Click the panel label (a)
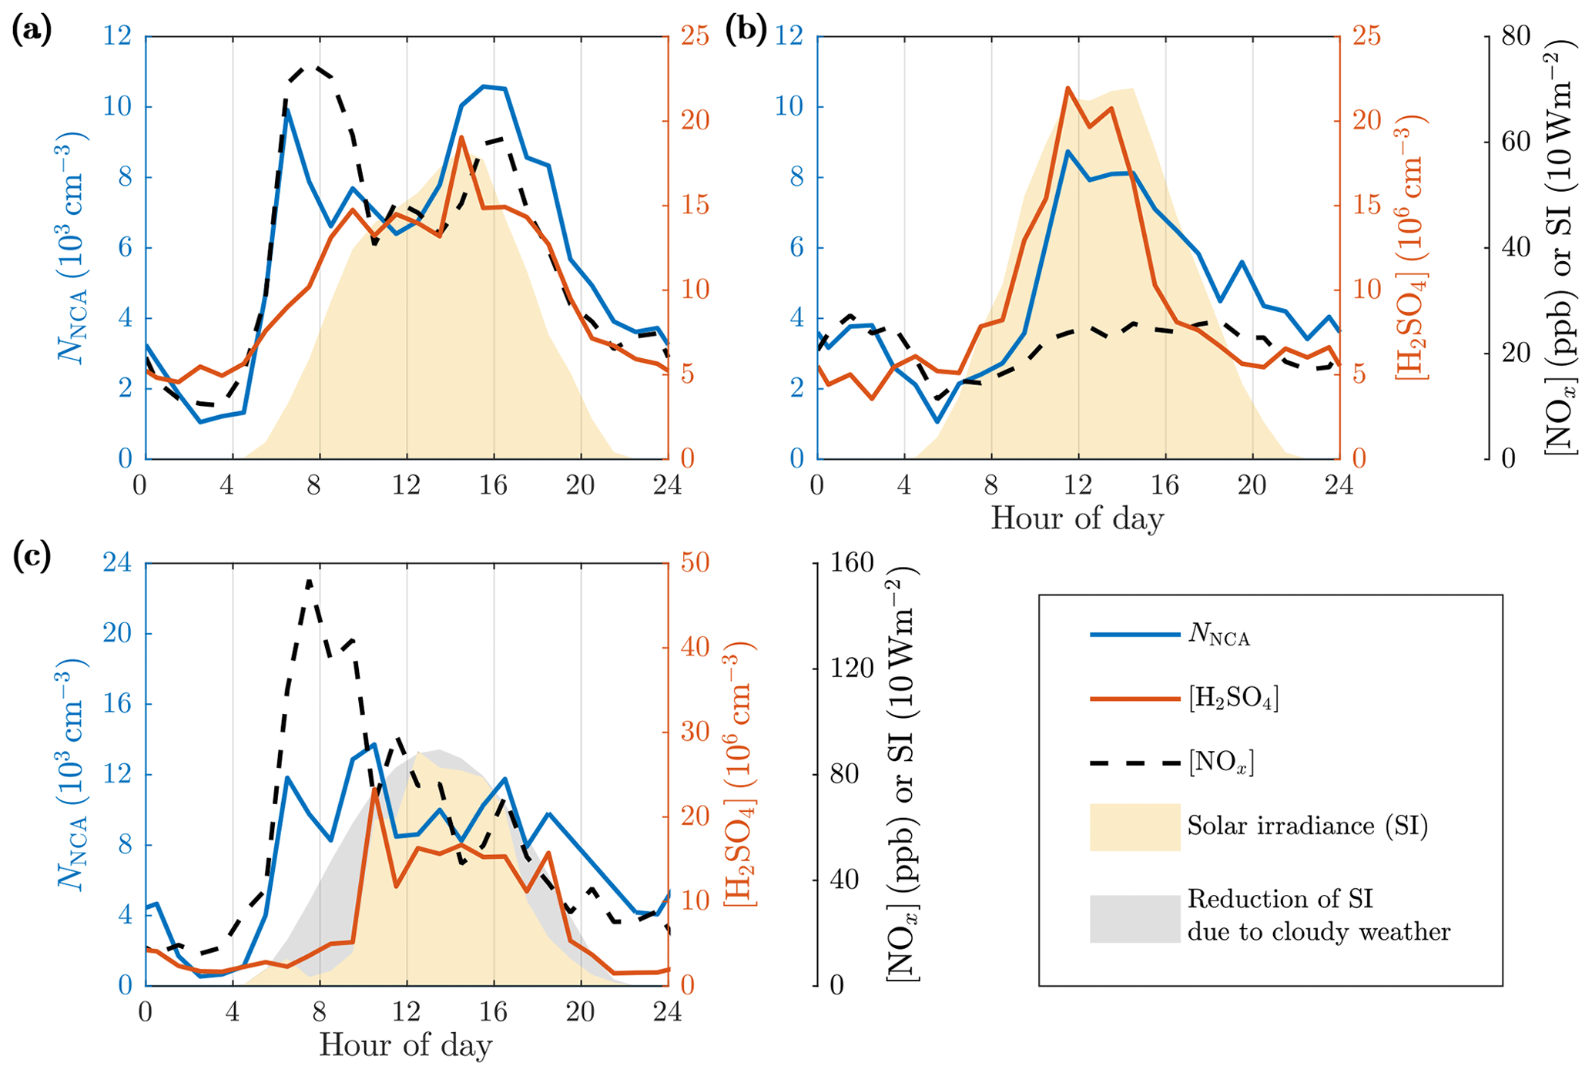(x=32, y=32)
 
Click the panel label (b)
(x=746, y=32)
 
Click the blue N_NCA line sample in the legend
(x=1135, y=635)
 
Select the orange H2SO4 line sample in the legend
(x=1135, y=699)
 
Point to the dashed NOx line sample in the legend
(x=1135, y=763)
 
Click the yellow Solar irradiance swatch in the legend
(x=1135, y=826)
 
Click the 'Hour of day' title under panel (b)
(x=1077, y=518)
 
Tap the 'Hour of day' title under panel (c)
(x=405, y=1045)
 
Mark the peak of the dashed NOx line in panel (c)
(x=309, y=581)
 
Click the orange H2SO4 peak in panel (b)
(x=1067, y=88)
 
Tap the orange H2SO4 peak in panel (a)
(x=461, y=137)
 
